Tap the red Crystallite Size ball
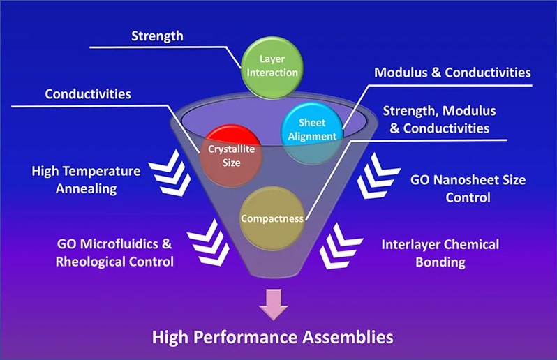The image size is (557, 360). click(x=225, y=153)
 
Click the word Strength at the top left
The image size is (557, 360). click(x=160, y=35)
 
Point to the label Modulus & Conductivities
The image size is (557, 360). click(x=452, y=73)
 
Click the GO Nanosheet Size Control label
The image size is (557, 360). click(x=468, y=188)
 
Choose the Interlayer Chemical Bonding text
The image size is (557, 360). click(x=440, y=253)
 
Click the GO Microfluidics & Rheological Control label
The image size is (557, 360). click(x=115, y=253)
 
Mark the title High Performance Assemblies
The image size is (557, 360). click(x=273, y=338)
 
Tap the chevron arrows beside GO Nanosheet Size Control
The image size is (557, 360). click(x=377, y=176)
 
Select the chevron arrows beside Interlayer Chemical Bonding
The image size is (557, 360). click(x=341, y=246)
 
